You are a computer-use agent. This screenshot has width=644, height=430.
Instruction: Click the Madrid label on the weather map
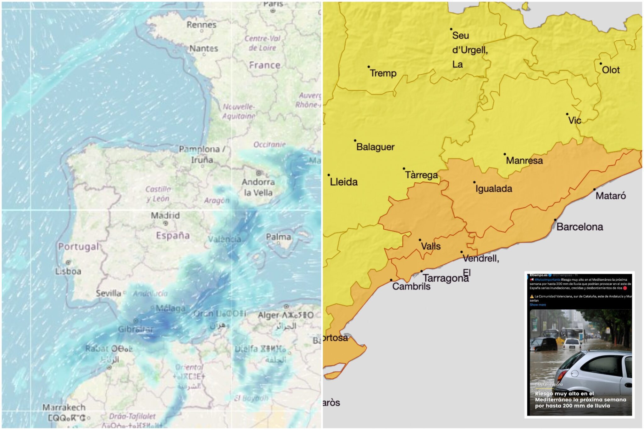165,216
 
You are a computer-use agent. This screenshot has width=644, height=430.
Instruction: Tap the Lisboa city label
68,271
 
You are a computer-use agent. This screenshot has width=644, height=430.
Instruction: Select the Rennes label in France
201,25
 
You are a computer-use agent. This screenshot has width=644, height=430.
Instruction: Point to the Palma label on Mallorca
278,237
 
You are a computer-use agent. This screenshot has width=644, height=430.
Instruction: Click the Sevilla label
108,294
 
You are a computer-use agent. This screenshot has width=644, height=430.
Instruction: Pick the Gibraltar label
136,329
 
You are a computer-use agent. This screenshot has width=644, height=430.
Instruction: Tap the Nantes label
203,49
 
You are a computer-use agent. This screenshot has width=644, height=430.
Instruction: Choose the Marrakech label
64,408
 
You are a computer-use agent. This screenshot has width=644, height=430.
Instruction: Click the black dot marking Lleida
329,175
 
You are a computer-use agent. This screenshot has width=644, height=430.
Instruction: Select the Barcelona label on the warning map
580,227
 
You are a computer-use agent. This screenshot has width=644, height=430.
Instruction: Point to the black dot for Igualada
474,182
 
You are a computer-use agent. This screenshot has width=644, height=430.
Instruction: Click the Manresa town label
524,161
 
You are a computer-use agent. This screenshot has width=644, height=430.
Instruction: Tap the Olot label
611,70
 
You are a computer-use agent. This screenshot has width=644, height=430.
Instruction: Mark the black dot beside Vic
567,114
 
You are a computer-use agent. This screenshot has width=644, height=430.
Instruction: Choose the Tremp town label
383,73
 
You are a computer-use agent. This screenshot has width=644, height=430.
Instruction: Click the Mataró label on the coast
610,196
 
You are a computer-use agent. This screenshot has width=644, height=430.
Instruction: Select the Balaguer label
375,147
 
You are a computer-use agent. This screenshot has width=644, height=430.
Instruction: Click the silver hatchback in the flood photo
594,372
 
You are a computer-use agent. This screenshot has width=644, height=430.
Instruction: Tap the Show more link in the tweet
538,305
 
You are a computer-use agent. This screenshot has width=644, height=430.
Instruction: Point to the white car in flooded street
571,344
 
